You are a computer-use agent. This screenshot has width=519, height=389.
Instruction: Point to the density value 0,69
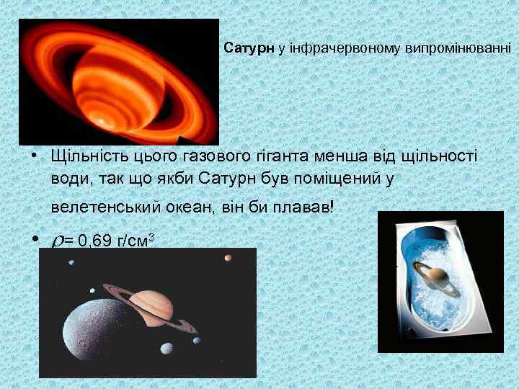93,241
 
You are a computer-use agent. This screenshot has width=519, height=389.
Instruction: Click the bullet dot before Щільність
34,155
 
